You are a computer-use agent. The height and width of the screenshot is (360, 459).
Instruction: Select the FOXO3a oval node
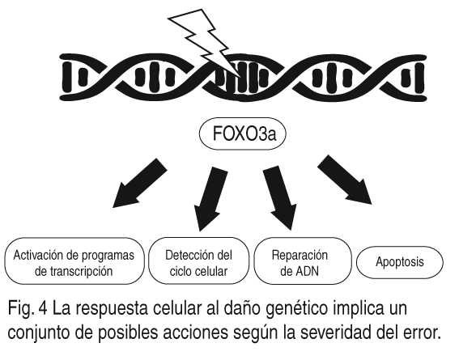pyautogui.click(x=242, y=134)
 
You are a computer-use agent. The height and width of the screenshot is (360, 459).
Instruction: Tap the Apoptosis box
pyautogui.click(x=400, y=262)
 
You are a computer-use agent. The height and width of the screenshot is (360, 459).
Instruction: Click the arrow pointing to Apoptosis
pyautogui.click(x=345, y=180)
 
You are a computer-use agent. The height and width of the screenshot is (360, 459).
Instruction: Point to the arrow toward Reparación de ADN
pyautogui.click(x=279, y=198)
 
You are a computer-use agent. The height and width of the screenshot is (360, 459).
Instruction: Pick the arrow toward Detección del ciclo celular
pyautogui.click(x=211, y=199)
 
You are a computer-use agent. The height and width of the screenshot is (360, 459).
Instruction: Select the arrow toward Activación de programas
pyautogui.click(x=140, y=183)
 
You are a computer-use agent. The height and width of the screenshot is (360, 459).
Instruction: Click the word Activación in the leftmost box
pyautogui.click(x=38, y=256)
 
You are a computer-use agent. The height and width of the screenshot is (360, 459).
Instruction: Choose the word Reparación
pyautogui.click(x=300, y=255)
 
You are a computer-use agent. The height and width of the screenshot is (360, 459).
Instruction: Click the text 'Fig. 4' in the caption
pyautogui.click(x=28, y=309)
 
